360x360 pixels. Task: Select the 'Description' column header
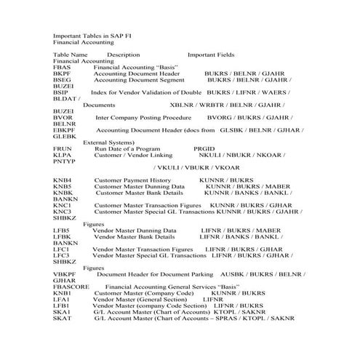[x=123, y=55]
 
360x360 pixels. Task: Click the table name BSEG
[x=63, y=80]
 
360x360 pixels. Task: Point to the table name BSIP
[x=61, y=93]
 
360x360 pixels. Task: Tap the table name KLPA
[x=63, y=155]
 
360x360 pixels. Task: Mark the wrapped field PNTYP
[x=64, y=161]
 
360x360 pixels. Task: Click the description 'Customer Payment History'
[x=132, y=179]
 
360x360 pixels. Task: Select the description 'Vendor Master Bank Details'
[x=134, y=236]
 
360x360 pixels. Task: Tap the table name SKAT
[x=63, y=319]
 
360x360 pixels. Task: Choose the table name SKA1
[x=62, y=312]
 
